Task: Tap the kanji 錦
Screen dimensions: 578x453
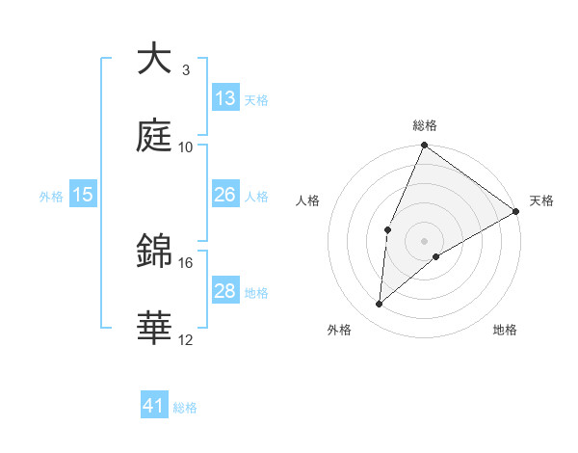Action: pyautogui.click(x=154, y=253)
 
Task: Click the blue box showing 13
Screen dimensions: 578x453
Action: pyautogui.click(x=225, y=97)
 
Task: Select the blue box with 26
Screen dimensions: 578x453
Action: pyautogui.click(x=225, y=195)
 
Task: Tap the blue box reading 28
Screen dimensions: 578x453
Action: pyautogui.click(x=225, y=291)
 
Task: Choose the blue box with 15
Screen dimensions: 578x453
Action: pyautogui.click(x=83, y=195)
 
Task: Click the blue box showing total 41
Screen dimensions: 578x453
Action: pyautogui.click(x=154, y=406)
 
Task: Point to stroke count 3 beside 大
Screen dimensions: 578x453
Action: pyautogui.click(x=186, y=70)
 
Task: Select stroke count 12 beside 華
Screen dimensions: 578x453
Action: pyautogui.click(x=186, y=340)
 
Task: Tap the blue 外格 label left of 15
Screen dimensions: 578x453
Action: pyautogui.click(x=51, y=196)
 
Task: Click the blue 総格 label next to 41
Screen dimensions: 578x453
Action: pyautogui.click(x=185, y=408)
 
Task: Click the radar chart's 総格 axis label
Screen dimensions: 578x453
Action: pyautogui.click(x=425, y=125)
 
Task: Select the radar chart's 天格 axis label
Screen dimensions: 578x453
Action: pyautogui.click(x=541, y=200)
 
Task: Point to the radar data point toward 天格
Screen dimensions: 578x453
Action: pyautogui.click(x=515, y=211)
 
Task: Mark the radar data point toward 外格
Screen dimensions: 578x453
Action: pyautogui.click(x=379, y=305)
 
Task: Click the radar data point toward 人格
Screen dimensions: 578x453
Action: pyautogui.click(x=387, y=229)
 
